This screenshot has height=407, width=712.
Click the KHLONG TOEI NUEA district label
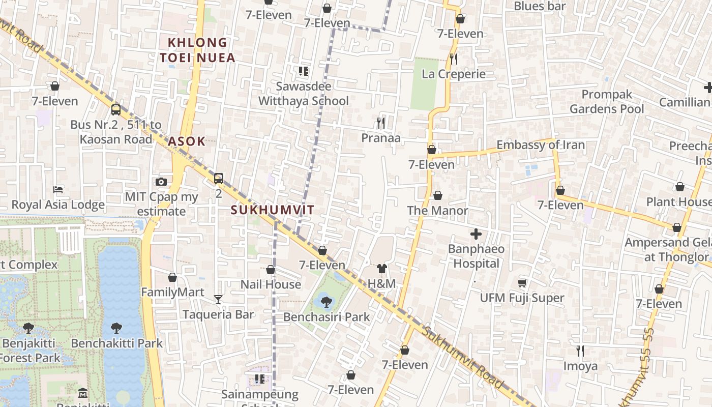[x=197, y=50]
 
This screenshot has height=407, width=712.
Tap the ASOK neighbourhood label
[x=186, y=141]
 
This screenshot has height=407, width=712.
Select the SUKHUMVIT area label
[x=273, y=210]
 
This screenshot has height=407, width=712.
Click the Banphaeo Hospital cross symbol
[x=476, y=234]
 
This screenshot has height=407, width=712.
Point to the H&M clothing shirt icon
[x=382, y=269]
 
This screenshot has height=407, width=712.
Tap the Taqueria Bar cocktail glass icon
[x=218, y=299]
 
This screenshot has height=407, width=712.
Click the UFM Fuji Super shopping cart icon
[x=522, y=283]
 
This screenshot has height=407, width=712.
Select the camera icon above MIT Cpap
[x=161, y=182]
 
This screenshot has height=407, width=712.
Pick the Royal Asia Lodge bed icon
[x=58, y=190]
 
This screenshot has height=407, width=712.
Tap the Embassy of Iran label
[x=541, y=145]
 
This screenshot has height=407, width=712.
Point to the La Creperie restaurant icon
[x=454, y=59]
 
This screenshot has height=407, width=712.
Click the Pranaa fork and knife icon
[x=380, y=123]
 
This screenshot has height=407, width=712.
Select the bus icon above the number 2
[x=219, y=178]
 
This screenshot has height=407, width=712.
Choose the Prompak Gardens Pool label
[x=607, y=102]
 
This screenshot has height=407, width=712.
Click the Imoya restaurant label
[x=580, y=366]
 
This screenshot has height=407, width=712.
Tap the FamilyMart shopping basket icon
[x=172, y=277]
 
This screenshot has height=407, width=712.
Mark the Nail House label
[x=271, y=284]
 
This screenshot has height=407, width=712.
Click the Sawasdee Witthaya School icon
[x=304, y=71]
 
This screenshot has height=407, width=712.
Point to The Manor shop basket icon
[x=437, y=195]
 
